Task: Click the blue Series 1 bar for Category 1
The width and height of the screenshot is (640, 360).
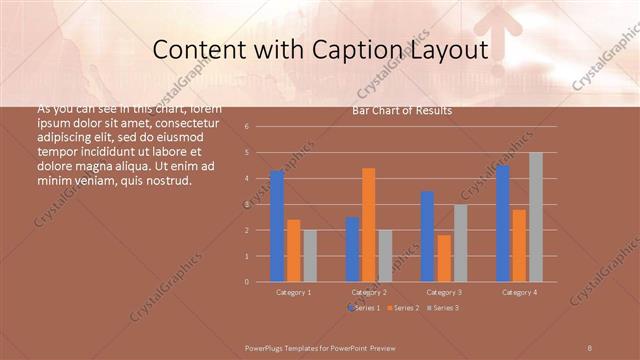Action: pos(277,226)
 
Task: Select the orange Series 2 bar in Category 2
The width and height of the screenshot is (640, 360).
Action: pos(369,225)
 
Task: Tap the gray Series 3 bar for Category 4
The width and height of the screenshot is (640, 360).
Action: pos(536,217)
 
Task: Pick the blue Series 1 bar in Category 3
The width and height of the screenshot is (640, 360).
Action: pos(427,236)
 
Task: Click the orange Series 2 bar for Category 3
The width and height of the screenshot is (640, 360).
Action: pos(444,258)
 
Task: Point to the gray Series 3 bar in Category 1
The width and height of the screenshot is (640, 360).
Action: pos(310,256)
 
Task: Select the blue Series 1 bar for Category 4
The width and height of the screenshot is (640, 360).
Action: pos(502,223)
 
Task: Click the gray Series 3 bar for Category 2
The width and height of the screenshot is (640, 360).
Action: pos(385,256)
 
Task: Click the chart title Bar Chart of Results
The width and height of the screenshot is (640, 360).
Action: pos(402,111)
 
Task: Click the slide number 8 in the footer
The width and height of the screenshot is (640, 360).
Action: pos(589,346)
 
